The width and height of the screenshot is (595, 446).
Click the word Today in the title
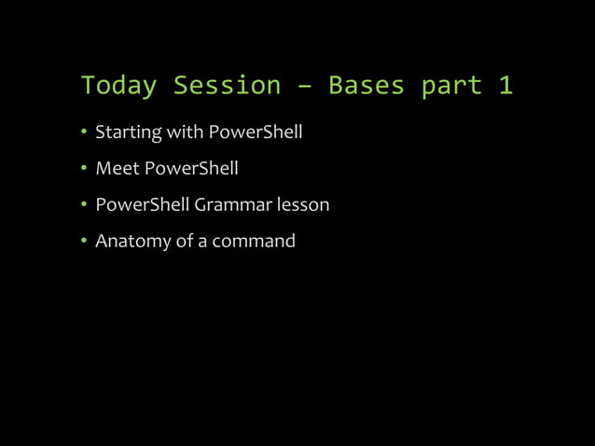[x=118, y=86]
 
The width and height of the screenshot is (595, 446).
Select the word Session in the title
[x=228, y=86]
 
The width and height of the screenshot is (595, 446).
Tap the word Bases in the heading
[x=367, y=86]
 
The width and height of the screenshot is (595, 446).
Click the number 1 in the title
[x=505, y=86]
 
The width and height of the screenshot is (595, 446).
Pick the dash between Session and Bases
[x=305, y=87]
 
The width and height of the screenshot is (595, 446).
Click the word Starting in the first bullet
[x=129, y=132]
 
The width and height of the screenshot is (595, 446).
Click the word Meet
[x=116, y=169]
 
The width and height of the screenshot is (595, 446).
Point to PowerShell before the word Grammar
[x=143, y=204]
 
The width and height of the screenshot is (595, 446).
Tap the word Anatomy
[x=133, y=241]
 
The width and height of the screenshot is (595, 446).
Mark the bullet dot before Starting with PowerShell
[x=84, y=132]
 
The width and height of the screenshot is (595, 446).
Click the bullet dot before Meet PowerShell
[x=84, y=169]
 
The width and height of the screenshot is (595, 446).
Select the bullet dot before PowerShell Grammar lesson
[x=84, y=204]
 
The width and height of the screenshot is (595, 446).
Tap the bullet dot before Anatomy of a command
[x=84, y=241]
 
